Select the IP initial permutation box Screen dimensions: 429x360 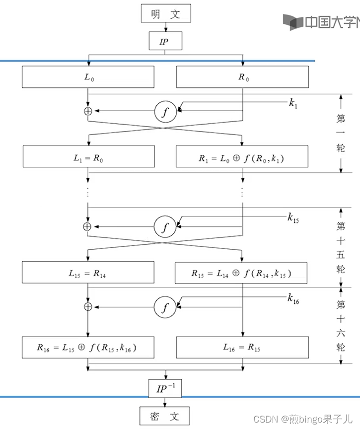tap(166, 41)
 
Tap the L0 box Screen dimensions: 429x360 tap(88, 77)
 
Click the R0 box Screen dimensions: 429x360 tap(242, 77)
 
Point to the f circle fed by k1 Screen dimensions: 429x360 tap(165, 112)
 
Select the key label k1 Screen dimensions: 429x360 tap(293, 104)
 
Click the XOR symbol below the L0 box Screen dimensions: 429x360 tap(88, 112)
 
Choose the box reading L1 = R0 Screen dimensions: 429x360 tap(88, 158)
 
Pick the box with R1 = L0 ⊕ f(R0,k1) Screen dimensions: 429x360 tap(242, 158)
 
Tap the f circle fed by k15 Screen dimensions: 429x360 tap(165, 226)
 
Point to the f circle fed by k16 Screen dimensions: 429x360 tap(165, 307)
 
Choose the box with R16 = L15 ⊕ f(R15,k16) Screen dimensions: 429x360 tap(88, 348)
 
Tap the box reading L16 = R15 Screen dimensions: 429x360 tap(242, 348)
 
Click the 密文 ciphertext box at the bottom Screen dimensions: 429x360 tap(166, 416)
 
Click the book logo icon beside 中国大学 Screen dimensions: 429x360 tap(292, 22)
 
